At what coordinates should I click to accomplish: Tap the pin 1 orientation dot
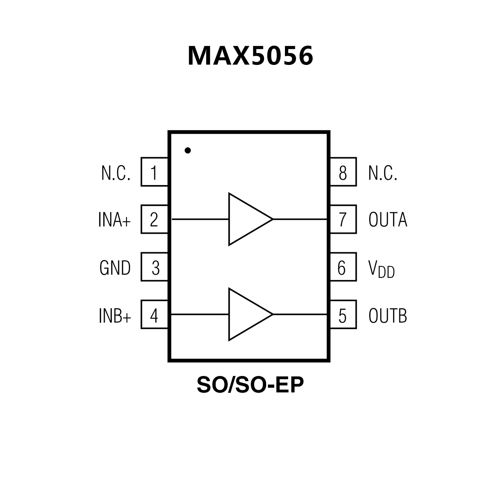tap(188, 150)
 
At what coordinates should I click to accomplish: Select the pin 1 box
tap(154, 172)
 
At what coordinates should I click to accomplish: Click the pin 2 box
tap(154, 219)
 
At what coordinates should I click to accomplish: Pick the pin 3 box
tap(154, 267)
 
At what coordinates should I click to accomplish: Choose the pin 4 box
tap(154, 315)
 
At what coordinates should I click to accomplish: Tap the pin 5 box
tap(343, 315)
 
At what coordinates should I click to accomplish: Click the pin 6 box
tap(343, 267)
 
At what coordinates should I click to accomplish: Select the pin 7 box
tap(343, 219)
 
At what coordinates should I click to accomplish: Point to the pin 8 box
tap(343, 172)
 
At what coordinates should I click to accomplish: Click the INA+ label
tap(115, 220)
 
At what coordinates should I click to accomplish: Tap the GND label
tap(115, 268)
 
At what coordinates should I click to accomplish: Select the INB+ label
tap(115, 316)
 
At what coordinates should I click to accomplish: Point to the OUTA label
tap(388, 220)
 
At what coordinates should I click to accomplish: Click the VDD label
tap(381, 269)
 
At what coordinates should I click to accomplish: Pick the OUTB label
tap(388, 316)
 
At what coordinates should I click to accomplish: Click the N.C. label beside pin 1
tap(116, 173)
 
